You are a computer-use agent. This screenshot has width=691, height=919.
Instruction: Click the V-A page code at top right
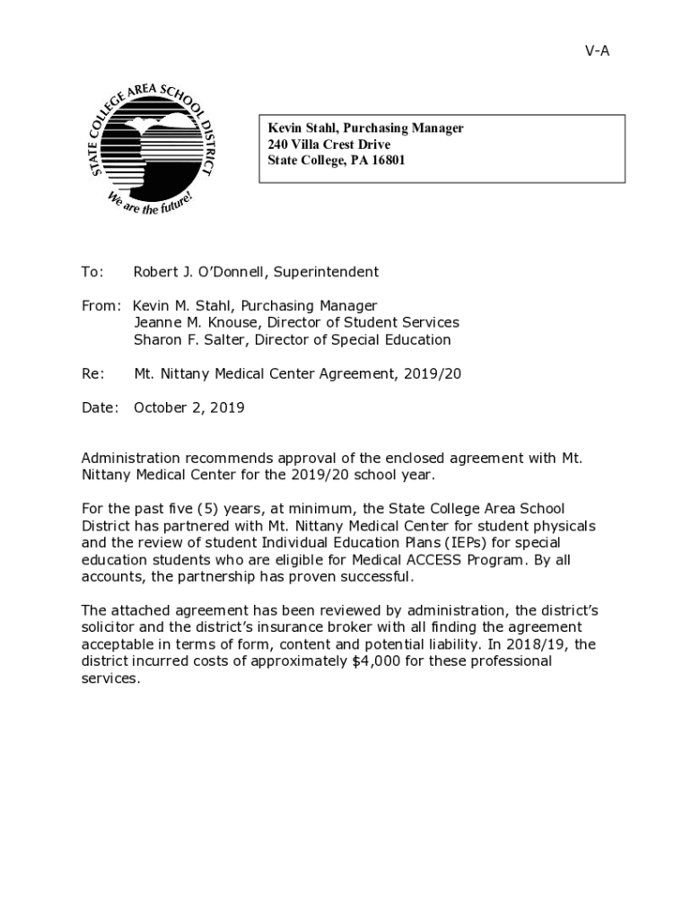(597, 51)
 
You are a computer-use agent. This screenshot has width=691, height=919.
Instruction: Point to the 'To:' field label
(92, 272)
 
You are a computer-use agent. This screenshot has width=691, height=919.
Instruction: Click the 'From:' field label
(100, 306)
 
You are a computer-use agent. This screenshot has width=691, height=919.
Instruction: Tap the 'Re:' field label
(92, 373)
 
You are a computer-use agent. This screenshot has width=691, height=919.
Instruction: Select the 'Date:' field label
(100, 407)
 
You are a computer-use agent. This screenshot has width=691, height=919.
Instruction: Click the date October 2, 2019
(188, 407)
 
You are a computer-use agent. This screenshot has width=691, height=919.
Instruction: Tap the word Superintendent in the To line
(326, 272)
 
